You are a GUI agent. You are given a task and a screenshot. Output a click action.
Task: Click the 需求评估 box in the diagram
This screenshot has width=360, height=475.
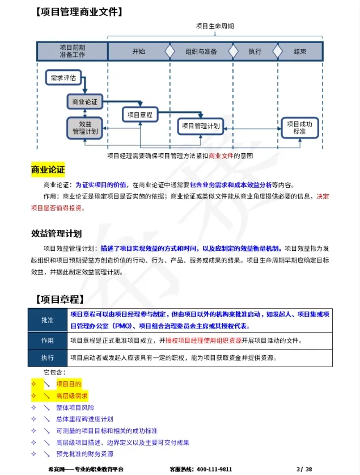(x=63, y=78)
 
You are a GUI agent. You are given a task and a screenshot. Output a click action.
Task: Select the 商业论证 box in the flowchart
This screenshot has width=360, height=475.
(x=84, y=102)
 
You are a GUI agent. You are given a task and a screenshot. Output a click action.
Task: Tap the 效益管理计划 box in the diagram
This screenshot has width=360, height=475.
(x=85, y=127)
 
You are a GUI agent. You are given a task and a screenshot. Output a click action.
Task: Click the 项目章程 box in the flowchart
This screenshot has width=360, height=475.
(x=139, y=115)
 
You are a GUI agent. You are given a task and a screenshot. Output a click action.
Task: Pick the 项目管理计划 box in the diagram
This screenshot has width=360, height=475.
(x=200, y=126)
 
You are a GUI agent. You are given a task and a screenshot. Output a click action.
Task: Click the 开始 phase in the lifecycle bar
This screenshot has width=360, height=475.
(x=138, y=52)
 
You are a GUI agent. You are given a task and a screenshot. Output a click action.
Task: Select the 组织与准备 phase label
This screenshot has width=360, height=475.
(x=201, y=52)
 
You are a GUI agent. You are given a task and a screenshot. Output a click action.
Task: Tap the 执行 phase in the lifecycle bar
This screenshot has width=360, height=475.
(x=255, y=52)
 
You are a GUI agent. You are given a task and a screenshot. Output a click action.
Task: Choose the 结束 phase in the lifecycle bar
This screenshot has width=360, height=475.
(x=300, y=52)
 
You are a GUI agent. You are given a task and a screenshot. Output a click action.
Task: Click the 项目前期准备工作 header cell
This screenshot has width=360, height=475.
(x=72, y=51)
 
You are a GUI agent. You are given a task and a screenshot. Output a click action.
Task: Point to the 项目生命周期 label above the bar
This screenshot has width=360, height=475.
(x=215, y=26)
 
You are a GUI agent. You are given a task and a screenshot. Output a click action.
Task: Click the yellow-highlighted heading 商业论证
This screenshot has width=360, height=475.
(x=48, y=170)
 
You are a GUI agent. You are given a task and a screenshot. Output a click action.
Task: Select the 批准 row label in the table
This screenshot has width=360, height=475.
(x=48, y=321)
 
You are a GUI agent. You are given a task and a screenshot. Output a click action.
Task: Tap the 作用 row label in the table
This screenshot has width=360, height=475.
(x=48, y=341)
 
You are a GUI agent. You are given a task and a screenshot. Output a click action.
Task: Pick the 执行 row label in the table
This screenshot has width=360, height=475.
(x=48, y=358)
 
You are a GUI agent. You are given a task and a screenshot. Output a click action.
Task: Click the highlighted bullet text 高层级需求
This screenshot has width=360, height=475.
(x=72, y=396)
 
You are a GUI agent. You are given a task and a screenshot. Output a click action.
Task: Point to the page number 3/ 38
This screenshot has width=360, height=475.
(x=304, y=469)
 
